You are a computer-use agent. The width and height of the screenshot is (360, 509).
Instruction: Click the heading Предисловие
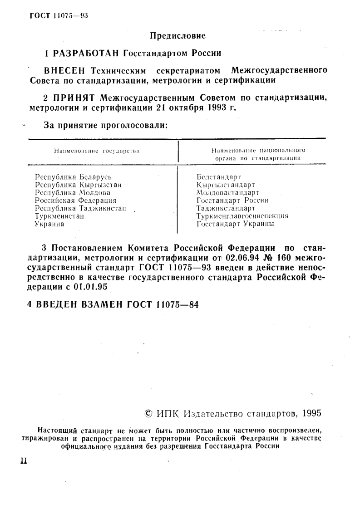178,35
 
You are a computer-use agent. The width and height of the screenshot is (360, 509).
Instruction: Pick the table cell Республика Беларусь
73,176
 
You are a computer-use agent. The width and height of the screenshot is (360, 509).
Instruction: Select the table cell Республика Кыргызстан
78,184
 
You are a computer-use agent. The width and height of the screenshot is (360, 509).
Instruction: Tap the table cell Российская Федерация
75,200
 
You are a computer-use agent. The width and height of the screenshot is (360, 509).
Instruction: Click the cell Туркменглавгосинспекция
242,216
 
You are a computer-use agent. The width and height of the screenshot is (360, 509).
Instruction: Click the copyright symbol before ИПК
148,413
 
